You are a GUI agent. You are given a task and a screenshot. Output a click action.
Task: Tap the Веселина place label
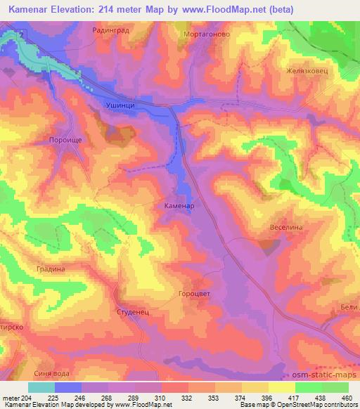(x=286, y=228)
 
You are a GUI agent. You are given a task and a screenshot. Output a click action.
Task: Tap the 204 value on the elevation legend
(x=27, y=396)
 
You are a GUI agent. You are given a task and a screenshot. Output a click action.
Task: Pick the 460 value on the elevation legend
(x=347, y=396)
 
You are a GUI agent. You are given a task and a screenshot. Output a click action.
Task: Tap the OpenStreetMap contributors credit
(x=316, y=405)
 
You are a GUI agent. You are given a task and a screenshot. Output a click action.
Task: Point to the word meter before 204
(x=11, y=396)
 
